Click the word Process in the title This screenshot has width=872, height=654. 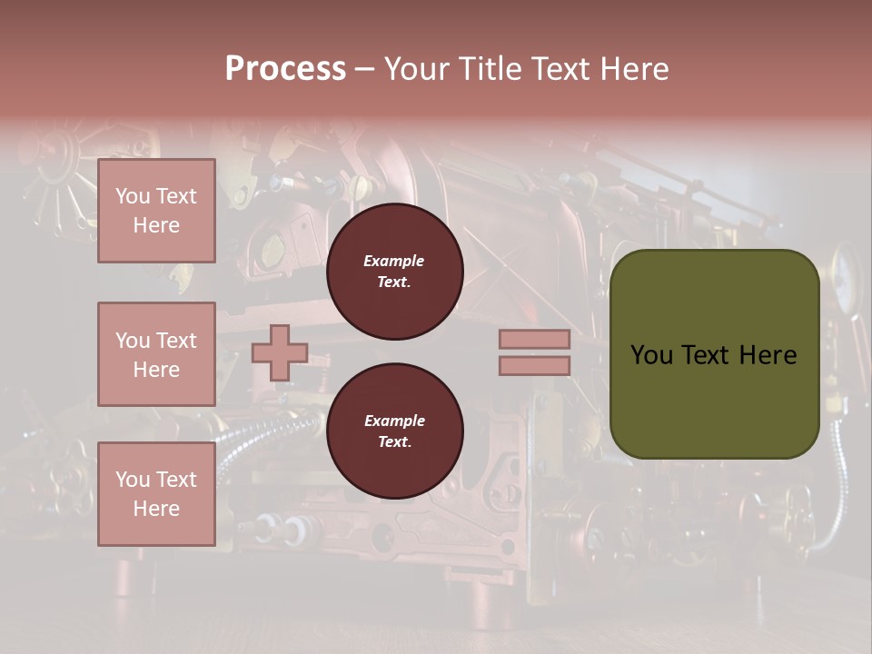point(285,69)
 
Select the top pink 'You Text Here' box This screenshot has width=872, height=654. point(156,211)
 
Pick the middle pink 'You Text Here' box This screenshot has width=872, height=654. point(156,354)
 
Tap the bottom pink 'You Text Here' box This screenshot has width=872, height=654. point(156,494)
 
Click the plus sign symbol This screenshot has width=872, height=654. point(280,352)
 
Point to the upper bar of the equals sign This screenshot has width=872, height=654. point(534,339)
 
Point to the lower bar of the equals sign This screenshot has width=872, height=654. point(534,365)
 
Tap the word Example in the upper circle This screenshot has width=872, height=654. point(394,261)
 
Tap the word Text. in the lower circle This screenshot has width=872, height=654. point(394,441)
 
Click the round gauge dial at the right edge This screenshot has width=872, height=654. point(847,267)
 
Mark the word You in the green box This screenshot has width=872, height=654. point(651,354)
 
